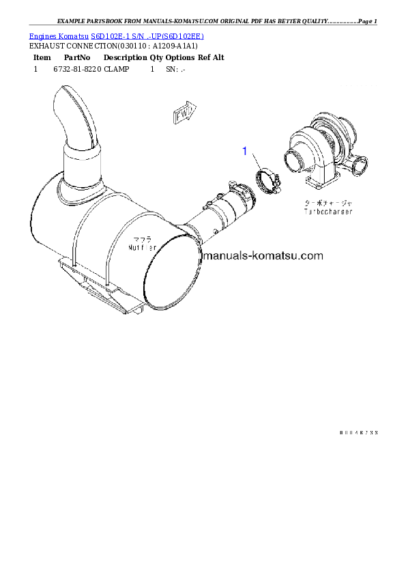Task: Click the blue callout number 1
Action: (245, 152)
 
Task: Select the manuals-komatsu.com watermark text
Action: (263, 257)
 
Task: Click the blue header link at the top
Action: (116, 35)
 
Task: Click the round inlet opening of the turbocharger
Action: (295, 164)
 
